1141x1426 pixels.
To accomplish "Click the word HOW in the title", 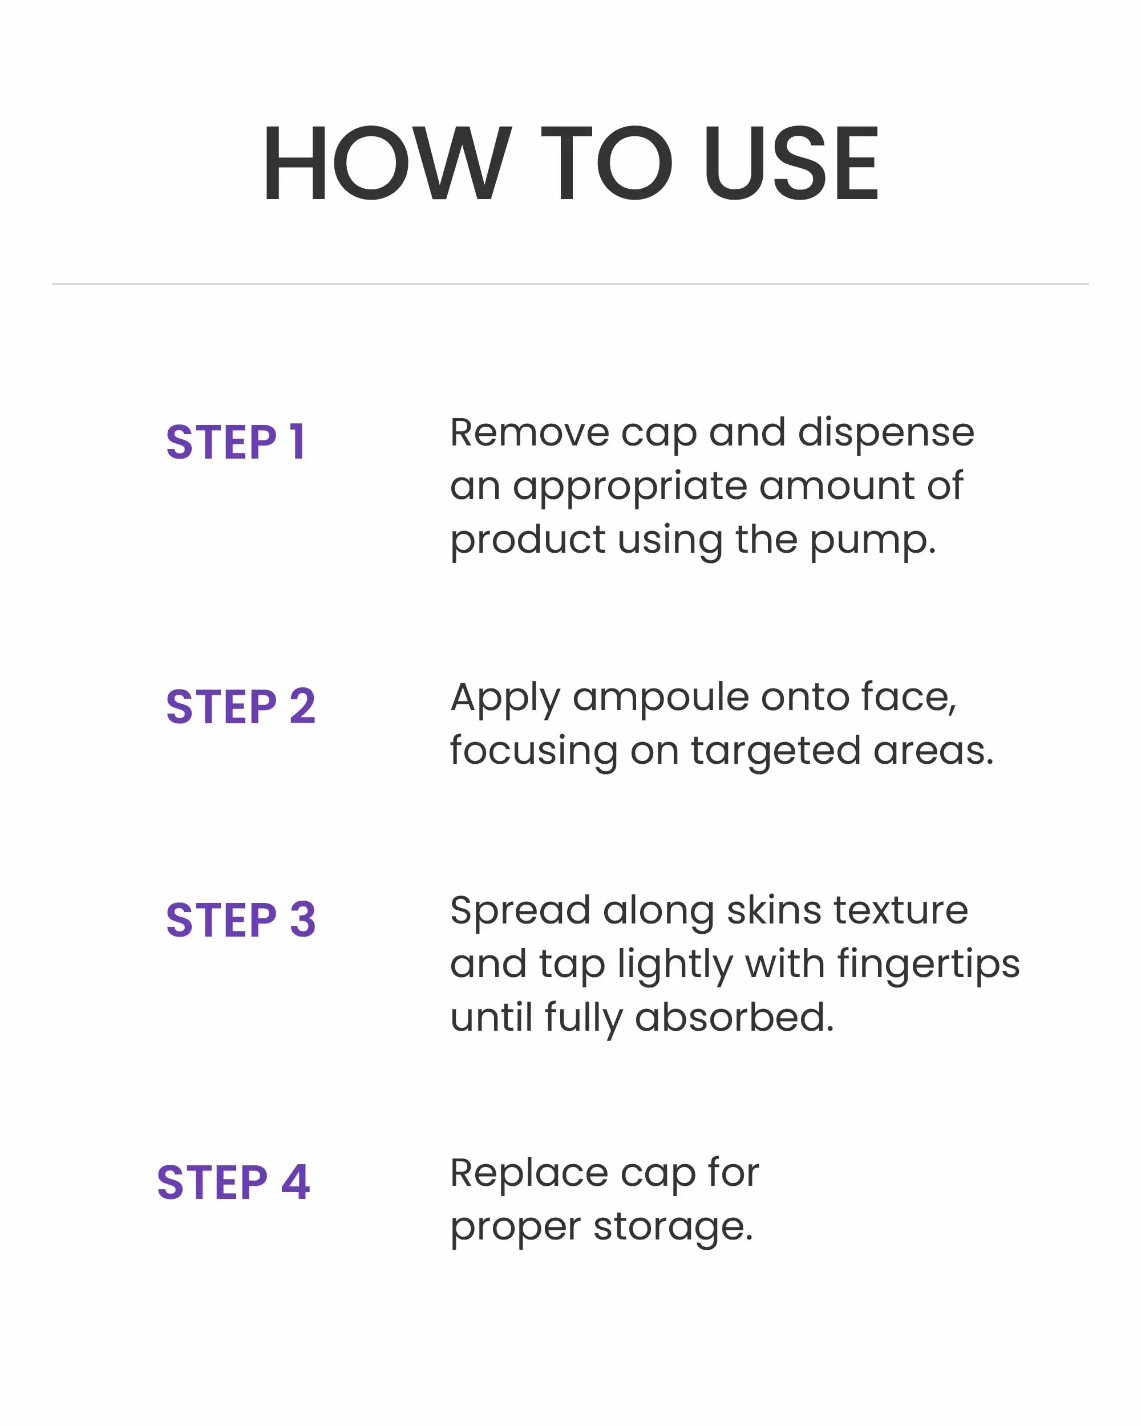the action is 387,163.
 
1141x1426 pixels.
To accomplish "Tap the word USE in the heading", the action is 791,163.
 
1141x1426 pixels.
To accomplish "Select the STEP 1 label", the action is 236,442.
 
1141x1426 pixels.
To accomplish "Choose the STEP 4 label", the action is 233,1182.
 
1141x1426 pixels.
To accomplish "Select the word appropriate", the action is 630,489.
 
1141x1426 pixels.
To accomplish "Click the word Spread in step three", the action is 520,913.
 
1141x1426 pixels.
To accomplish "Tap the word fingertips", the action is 928,966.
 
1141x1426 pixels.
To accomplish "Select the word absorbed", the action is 734,1017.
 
